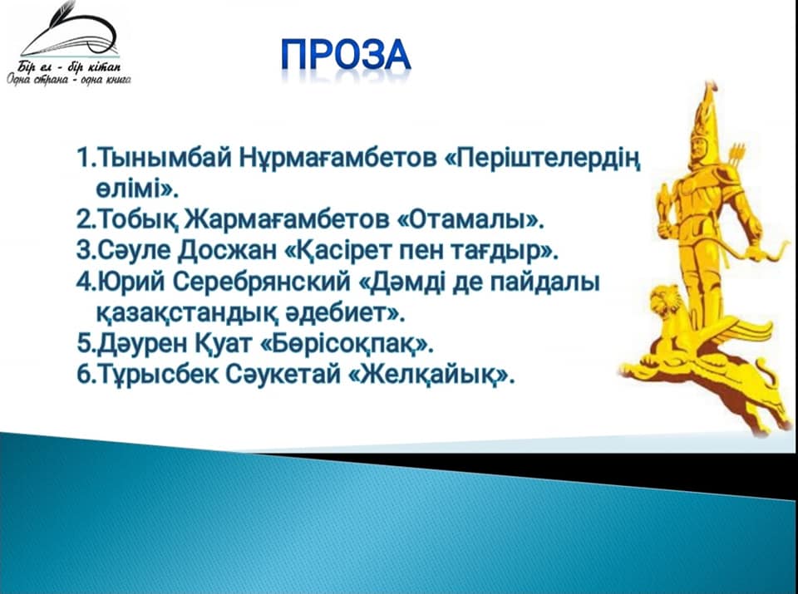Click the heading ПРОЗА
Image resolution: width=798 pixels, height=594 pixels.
346,55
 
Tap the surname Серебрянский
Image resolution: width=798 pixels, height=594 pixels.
261,282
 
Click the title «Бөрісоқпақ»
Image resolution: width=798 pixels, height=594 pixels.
346,343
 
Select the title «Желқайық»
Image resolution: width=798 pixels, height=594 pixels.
432,376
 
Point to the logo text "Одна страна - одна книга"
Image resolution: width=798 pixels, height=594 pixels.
69,79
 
